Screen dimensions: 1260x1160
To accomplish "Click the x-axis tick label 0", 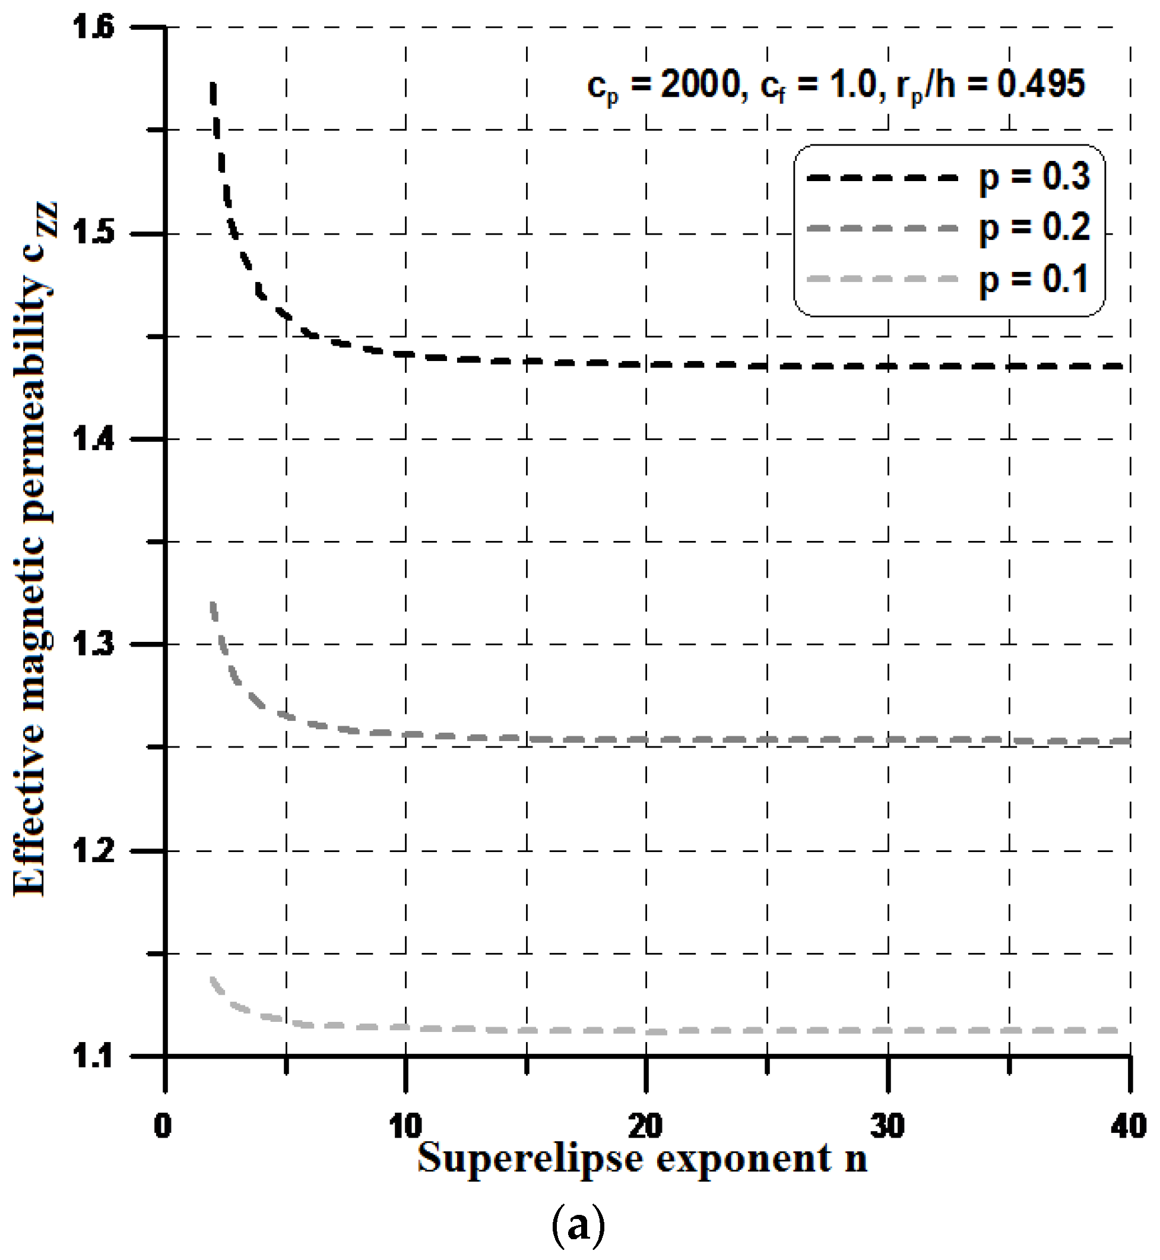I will (163, 1126).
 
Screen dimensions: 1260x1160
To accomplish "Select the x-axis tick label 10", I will (405, 1126).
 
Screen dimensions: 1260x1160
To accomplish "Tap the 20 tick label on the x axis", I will (646, 1126).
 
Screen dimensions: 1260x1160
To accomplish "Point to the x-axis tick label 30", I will (888, 1126).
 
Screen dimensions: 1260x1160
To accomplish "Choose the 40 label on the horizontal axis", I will (1129, 1126).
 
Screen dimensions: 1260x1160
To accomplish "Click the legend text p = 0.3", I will (1035, 177).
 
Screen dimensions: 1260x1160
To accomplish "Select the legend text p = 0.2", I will (1035, 229).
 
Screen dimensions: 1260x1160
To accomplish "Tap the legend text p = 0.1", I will (1035, 280).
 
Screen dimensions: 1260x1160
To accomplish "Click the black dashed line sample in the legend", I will (883, 178).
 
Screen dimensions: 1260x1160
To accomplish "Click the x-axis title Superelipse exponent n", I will (643, 1159).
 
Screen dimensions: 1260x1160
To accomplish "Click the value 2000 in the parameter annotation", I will (701, 84).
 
